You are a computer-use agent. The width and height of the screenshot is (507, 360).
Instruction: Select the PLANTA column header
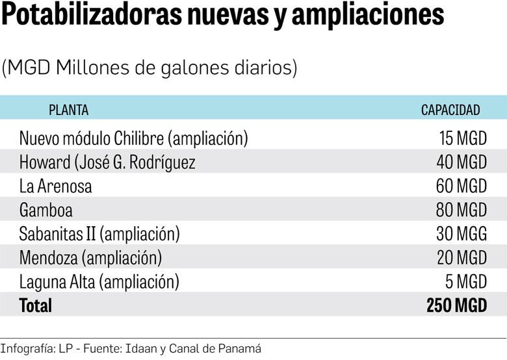(68, 110)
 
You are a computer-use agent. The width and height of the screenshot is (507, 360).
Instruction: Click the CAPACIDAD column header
(450, 110)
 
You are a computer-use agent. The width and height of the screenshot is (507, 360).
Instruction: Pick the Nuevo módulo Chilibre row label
(133, 138)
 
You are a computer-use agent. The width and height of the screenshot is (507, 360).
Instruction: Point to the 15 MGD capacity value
(463, 138)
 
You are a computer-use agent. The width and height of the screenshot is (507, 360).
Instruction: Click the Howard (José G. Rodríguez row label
(107, 162)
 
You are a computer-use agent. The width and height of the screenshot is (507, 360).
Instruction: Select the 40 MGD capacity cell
(461, 162)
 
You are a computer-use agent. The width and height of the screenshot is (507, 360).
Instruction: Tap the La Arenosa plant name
(55, 186)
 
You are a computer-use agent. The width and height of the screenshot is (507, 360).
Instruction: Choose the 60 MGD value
(461, 186)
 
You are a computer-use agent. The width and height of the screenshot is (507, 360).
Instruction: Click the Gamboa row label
(45, 210)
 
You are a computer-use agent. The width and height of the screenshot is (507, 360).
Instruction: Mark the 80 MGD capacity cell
(461, 210)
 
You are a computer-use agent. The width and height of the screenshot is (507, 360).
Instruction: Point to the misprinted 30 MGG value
(461, 233)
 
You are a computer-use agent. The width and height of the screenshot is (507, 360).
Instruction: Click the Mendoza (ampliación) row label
(90, 257)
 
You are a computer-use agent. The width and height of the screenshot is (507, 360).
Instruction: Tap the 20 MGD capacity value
(461, 257)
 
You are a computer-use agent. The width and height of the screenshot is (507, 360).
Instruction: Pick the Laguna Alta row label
(99, 281)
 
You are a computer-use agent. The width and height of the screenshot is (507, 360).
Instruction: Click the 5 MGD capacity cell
(466, 281)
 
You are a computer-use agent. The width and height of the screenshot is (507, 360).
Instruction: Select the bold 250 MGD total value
(456, 305)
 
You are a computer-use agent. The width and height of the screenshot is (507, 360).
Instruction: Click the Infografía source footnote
(131, 348)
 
